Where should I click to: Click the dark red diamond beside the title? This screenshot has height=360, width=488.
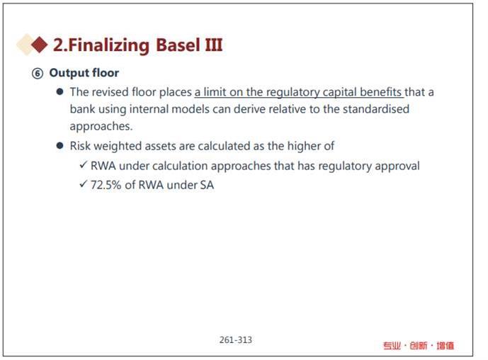[x=40, y=45]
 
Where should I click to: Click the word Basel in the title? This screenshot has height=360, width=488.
[x=178, y=45]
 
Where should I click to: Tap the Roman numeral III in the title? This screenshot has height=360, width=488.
[x=214, y=45]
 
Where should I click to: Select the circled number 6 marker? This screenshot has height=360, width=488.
[x=38, y=74]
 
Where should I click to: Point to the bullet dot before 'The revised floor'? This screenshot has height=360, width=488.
[x=59, y=91]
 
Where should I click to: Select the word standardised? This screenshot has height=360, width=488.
[x=376, y=109]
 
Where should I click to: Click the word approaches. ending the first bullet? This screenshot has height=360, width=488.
[x=101, y=126]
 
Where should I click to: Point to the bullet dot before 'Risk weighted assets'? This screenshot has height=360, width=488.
[x=59, y=145]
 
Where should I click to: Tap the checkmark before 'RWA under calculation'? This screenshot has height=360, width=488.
[x=83, y=164]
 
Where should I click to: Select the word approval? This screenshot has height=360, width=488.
[x=397, y=167]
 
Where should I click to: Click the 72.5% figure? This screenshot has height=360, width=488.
[x=106, y=185]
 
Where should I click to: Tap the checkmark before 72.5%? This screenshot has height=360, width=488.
[x=83, y=184]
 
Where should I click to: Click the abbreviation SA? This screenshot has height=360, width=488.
[x=207, y=185]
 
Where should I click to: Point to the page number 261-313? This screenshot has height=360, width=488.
[x=236, y=339]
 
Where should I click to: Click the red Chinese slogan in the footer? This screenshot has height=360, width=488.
[x=419, y=346]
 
